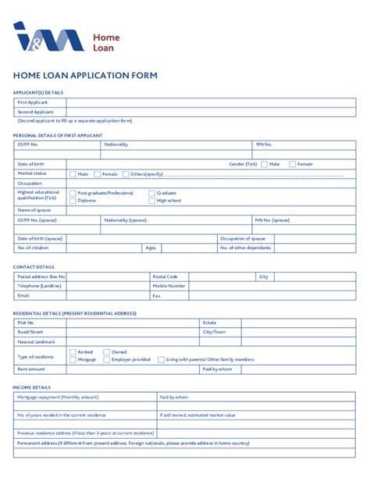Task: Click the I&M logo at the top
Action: coord(48,37)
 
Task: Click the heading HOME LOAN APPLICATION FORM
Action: coord(85,76)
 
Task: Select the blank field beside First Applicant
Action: coord(211,102)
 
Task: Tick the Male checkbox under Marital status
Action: coord(73,174)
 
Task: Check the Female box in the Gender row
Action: coord(293,164)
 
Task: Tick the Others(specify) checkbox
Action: coord(126,174)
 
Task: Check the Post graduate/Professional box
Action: coord(73,193)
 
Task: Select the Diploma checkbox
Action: coord(73,201)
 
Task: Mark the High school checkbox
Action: coord(151,201)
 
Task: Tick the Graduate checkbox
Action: coord(151,193)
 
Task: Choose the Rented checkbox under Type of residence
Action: coord(73,352)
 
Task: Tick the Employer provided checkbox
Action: coord(107,360)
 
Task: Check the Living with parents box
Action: coord(162,360)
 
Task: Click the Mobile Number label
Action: coord(169,286)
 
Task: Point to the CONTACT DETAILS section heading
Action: coord(34,266)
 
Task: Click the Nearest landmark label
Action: coord(37,342)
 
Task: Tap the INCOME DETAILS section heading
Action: coord(32,387)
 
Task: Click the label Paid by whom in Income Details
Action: coord(174,397)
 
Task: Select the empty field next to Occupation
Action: coord(211,184)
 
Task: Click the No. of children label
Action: coord(33,248)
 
